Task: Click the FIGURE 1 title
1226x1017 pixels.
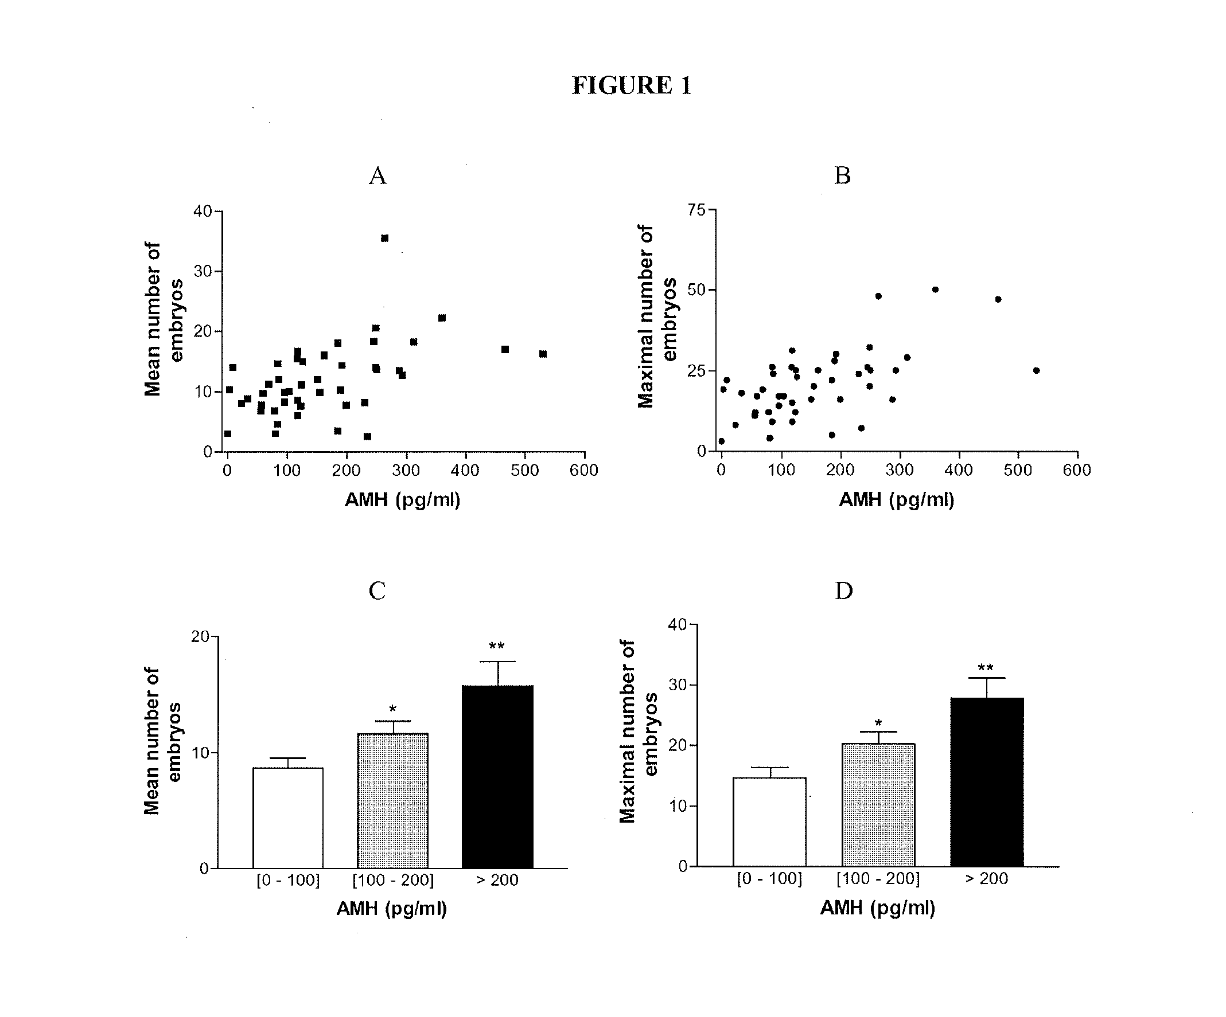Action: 631,85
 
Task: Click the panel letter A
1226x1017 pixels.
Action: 377,175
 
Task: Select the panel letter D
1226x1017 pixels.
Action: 843,591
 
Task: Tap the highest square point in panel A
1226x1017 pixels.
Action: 385,238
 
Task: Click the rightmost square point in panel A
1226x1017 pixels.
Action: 543,354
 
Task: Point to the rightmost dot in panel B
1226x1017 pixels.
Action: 1036,370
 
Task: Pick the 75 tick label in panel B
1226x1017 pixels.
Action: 696,210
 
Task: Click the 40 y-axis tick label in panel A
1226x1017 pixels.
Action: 203,211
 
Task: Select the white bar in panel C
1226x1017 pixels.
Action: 288,818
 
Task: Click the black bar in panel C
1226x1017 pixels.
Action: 497,777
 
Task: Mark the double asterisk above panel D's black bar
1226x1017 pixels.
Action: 986,668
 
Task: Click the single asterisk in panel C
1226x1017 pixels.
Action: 393,710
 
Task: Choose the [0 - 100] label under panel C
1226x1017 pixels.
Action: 289,880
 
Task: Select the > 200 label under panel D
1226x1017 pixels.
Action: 987,878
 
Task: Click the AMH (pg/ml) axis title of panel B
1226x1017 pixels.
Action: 896,500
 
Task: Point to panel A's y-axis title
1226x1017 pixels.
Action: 162,319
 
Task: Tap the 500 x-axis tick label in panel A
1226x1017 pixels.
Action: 524,470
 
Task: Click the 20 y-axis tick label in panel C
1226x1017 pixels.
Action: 200,636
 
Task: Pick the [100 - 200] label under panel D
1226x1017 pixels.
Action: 878,878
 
